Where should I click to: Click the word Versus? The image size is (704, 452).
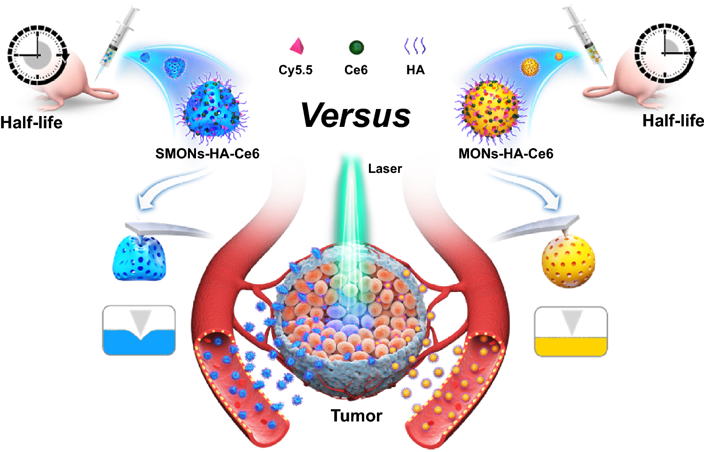click(356, 115)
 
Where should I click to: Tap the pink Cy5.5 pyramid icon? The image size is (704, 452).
click(297, 47)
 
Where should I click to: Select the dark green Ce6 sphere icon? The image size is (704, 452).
click(356, 47)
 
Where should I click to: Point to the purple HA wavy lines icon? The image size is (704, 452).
click(415, 46)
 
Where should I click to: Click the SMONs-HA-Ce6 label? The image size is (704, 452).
click(207, 154)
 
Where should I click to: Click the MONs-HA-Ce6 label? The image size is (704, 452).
click(506, 154)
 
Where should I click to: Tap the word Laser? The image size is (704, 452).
click(385, 169)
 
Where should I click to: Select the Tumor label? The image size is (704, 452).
click(356, 416)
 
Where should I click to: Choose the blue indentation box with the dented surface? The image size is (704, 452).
click(139, 330)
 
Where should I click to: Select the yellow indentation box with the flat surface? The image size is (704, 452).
click(571, 332)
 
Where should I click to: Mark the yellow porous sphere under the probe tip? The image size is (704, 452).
click(568, 261)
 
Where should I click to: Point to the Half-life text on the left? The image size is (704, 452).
click(31, 123)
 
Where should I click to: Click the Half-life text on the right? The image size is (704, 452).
click(673, 121)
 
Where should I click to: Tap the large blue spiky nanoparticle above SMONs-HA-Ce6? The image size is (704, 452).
click(212, 109)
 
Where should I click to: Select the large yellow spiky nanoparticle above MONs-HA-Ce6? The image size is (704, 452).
click(491, 109)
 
